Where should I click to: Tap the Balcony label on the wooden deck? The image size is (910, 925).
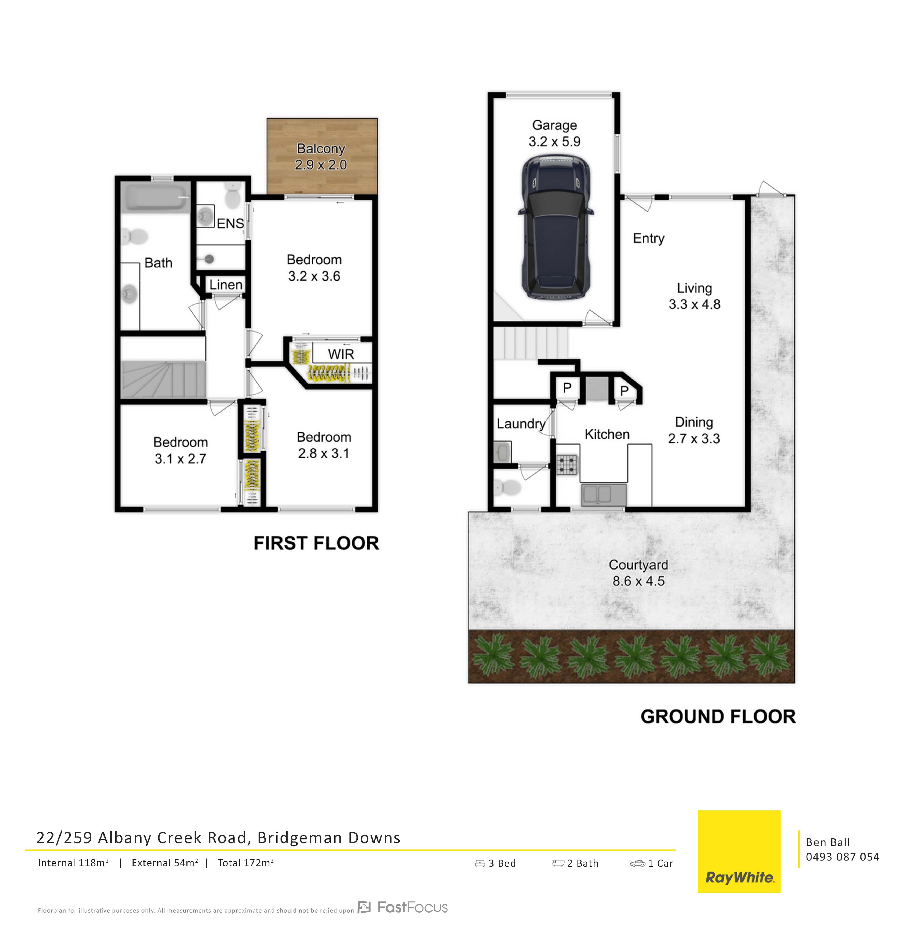[321, 149]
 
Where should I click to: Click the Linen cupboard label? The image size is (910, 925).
[226, 285]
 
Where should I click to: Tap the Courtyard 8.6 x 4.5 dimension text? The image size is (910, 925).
[638, 581]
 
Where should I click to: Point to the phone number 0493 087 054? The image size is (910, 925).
[842, 857]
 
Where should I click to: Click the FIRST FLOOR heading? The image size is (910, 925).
[316, 543]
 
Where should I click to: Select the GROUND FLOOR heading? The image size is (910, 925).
[718, 717]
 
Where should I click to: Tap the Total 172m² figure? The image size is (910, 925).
[246, 862]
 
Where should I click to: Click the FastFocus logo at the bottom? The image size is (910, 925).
[403, 907]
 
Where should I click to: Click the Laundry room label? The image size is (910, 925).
[521, 424]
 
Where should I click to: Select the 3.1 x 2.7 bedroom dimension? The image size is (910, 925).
[180, 459]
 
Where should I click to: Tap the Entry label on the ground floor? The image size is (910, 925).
[649, 238]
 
